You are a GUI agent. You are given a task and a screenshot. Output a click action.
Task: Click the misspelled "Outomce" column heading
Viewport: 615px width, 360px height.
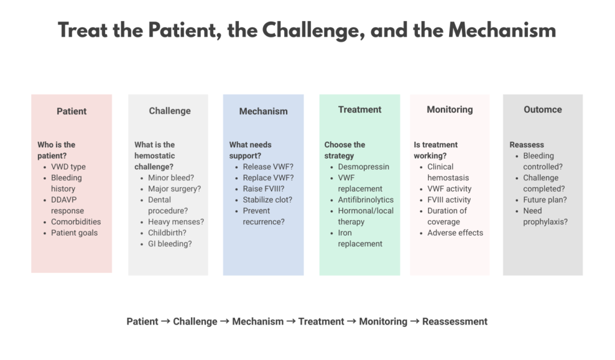pos(542,109)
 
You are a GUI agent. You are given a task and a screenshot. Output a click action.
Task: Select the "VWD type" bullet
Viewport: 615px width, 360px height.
pos(68,166)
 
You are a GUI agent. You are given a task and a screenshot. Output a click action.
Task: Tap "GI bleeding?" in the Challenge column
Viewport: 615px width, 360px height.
pos(170,243)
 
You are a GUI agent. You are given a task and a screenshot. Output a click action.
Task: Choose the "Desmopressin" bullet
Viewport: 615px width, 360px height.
pos(363,166)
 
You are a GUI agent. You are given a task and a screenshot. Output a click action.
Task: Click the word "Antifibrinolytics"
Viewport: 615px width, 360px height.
pos(366,200)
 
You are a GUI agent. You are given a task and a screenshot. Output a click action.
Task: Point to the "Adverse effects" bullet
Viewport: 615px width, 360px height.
pos(455,233)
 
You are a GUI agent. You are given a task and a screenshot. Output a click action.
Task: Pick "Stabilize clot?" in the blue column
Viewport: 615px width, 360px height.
pos(267,200)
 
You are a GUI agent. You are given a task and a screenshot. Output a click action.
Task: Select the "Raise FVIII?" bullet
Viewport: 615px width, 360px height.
pos(264,189)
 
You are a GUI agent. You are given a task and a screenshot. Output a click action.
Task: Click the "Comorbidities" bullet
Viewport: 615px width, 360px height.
pos(76,221)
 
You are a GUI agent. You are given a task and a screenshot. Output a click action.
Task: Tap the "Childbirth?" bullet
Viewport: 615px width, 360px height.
pos(167,233)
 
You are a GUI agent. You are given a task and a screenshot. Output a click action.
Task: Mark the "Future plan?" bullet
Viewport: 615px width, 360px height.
pos(545,200)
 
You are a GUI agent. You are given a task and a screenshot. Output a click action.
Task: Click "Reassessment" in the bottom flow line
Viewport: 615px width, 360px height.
pos(455,322)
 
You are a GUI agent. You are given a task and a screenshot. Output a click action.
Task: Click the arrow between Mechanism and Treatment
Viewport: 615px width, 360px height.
pos(291,321)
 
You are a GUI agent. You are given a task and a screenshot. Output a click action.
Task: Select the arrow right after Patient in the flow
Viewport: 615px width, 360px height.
pos(166,321)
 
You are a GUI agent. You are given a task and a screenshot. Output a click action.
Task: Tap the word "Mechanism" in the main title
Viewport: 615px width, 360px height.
pos(502,30)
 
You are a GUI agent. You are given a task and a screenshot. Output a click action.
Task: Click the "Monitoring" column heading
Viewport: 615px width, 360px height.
pos(449,109)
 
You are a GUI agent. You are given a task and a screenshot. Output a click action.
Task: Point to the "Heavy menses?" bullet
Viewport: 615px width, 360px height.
pos(176,221)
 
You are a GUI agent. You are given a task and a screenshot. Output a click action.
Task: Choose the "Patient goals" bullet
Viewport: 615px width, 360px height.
pos(74,233)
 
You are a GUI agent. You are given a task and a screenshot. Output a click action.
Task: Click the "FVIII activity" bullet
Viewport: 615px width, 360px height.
pos(449,200)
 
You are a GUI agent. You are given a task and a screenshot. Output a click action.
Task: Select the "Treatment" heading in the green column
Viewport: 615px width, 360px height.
pos(360,109)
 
